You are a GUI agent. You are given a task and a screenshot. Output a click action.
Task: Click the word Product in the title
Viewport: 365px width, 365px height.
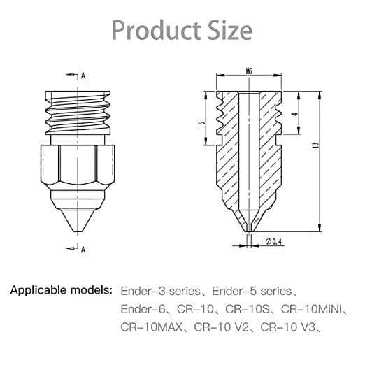[x=157, y=31]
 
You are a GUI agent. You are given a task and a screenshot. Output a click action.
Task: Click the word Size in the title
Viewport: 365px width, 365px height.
[x=230, y=31]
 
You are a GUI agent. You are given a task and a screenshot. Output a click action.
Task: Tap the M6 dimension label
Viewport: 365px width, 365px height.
[x=249, y=71]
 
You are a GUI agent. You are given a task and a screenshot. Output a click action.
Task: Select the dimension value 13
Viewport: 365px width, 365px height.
[x=316, y=145]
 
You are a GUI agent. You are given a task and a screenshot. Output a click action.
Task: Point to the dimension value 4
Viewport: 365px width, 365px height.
[x=295, y=115]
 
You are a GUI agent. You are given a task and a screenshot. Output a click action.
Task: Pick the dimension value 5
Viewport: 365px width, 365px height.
[x=203, y=123]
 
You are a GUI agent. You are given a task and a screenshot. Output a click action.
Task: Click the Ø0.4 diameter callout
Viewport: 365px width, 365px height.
[x=273, y=241]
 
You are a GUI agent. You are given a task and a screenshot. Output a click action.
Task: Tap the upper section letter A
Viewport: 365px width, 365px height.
[x=83, y=76]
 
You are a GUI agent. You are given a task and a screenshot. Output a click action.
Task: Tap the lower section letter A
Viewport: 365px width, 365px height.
[x=83, y=250]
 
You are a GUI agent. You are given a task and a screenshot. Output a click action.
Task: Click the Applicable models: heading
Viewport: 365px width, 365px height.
[x=61, y=290]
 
